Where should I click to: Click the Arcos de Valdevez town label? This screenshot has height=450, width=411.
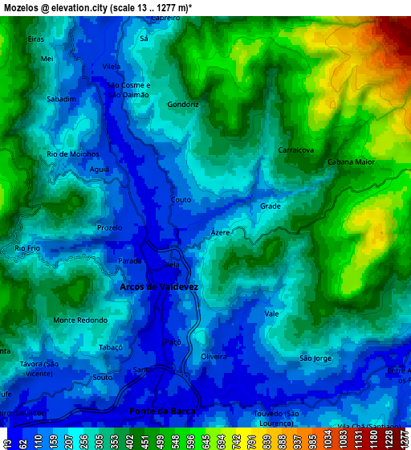click(x=158, y=287)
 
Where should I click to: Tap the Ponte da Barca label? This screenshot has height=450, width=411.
click(x=163, y=411)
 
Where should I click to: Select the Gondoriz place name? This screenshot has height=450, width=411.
click(x=183, y=104)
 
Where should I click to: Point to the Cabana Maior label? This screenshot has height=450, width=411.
click(x=351, y=162)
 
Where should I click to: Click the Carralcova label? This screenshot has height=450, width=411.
click(x=295, y=150)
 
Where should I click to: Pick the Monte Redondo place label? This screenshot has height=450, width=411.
click(x=80, y=320)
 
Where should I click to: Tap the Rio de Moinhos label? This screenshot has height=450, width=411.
click(x=72, y=153)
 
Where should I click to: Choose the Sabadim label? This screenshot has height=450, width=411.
click(x=62, y=99)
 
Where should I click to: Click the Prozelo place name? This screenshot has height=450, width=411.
click(x=109, y=227)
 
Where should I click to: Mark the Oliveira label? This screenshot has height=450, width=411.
click(x=214, y=356)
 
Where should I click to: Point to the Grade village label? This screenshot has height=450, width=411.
click(x=271, y=207)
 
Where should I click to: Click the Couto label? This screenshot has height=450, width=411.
click(x=181, y=199)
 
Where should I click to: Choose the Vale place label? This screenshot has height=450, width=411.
click(x=271, y=313)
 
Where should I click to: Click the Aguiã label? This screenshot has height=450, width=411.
click(x=100, y=170)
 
